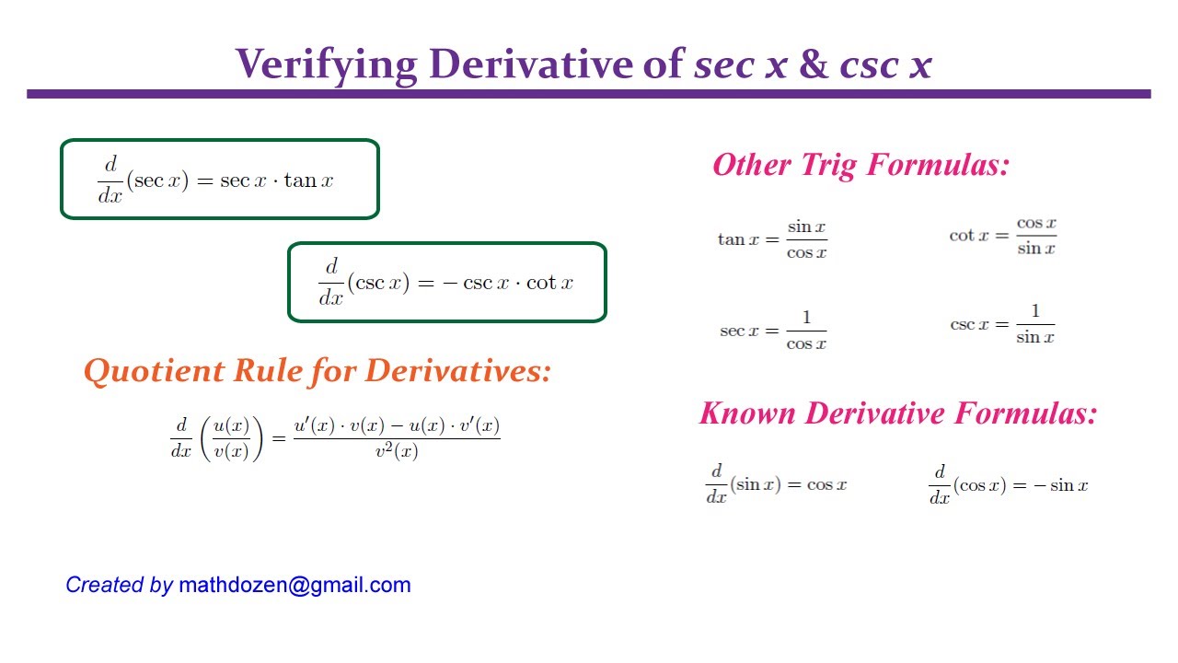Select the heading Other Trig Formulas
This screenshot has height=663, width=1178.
coord(860,165)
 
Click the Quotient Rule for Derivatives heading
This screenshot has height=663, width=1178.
coord(317,371)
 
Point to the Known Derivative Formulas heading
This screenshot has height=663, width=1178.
coord(897,413)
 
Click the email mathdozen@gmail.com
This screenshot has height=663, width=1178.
coord(294,585)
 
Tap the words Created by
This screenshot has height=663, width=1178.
coord(119,585)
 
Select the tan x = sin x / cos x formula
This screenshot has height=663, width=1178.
coord(772,239)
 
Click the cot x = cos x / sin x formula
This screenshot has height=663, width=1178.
coord(1002,236)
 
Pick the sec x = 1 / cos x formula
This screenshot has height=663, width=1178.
coord(772,331)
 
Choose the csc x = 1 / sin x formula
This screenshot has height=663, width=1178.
coord(1002,325)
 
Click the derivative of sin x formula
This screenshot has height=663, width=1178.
coord(776,484)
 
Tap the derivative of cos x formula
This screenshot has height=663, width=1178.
coord(1008,484)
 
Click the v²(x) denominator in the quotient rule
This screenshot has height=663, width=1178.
coord(397,451)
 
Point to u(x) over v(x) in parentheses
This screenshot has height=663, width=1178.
coord(231,438)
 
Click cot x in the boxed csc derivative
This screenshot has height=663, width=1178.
coord(555,284)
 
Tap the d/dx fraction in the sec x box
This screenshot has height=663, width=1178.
coord(110,180)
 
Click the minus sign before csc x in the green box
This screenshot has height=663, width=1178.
coord(450,284)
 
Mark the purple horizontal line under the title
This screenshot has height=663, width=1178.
coord(589,94)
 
